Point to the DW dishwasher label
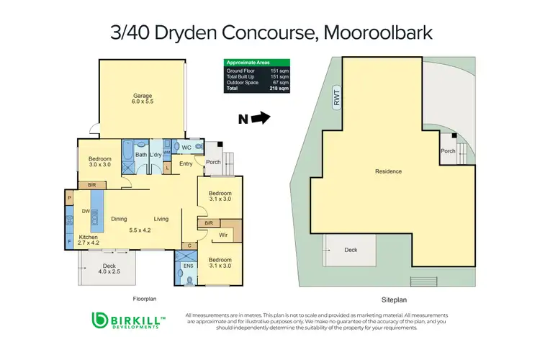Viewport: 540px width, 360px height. (x=85, y=211)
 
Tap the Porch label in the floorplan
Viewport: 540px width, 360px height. (x=212, y=161)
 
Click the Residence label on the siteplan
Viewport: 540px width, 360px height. (x=388, y=171)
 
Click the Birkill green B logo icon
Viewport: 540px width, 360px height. (x=100, y=321)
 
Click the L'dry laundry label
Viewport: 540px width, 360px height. (x=156, y=155)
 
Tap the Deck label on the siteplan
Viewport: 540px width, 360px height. (x=350, y=249)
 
